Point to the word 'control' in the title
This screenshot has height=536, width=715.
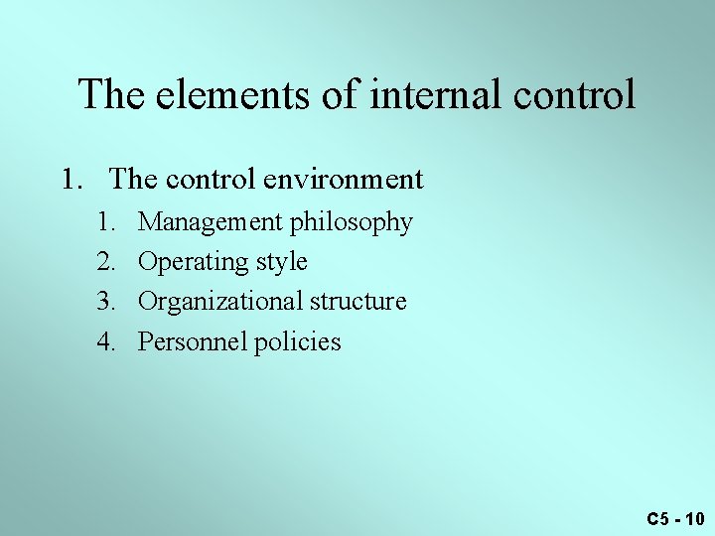pyautogui.click(x=577, y=95)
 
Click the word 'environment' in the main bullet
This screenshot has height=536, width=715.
pyautogui.click(x=344, y=180)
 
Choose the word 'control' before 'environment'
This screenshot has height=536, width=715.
pyautogui.click(x=204, y=180)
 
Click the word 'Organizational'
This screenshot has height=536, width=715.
pyautogui.click(x=219, y=302)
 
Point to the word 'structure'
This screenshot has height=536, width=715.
pyautogui.click(x=357, y=302)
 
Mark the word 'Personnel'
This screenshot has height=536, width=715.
pyautogui.click(x=192, y=342)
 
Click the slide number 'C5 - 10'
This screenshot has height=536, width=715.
pyautogui.click(x=675, y=518)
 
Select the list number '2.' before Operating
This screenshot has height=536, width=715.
pyautogui.click(x=106, y=262)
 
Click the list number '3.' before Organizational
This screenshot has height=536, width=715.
pyautogui.click(x=106, y=302)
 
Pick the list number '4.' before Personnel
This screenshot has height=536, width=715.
pyautogui.click(x=106, y=342)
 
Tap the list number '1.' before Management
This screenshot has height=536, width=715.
pyautogui.click(x=106, y=221)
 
